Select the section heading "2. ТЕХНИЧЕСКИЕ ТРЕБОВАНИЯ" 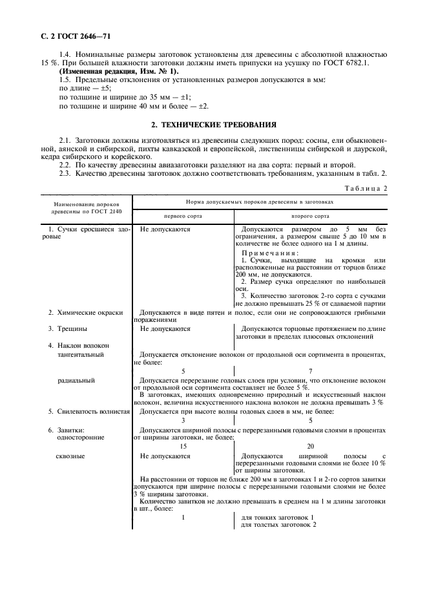[x=213, y=123]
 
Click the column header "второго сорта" [x=310, y=216]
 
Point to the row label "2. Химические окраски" [x=85, y=312]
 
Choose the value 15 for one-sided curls [x=183, y=446]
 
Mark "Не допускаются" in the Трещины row [x=165, y=328]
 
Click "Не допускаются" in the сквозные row [x=165, y=456]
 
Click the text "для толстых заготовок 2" [x=278, y=524]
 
